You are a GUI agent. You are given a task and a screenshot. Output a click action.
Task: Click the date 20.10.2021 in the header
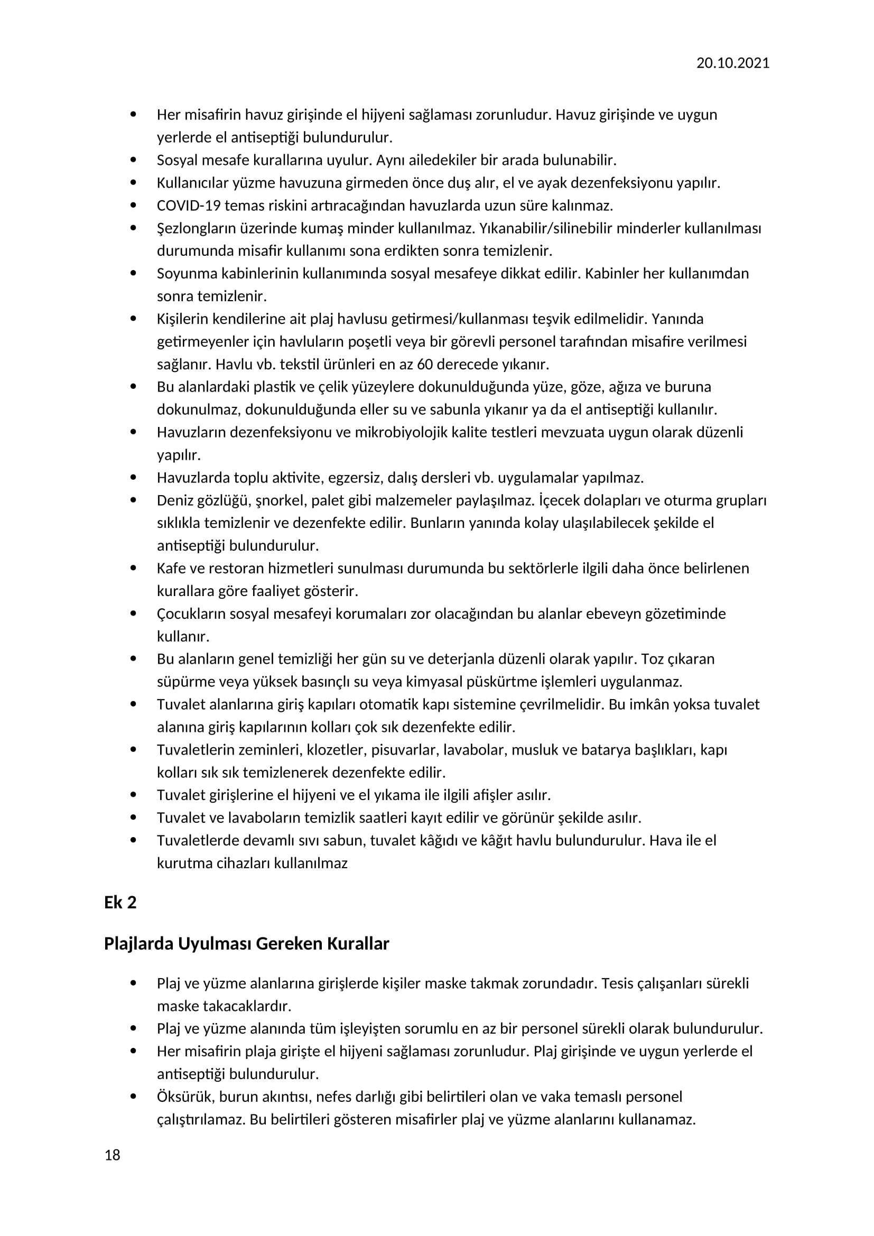[732, 63]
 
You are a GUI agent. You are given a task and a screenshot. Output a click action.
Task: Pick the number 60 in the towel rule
[425, 365]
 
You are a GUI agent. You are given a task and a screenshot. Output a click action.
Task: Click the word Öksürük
[184, 1098]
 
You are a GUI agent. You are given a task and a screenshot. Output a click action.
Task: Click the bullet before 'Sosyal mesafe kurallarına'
[134, 160]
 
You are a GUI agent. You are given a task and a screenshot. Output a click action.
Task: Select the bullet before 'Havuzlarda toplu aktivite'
[134, 478]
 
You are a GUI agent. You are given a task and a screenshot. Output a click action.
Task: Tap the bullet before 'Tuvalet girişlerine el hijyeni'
[134, 795]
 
